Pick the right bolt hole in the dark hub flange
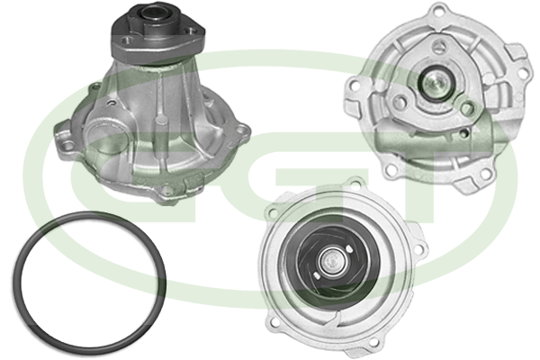[x=189, y=31]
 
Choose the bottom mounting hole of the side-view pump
[x=166, y=190]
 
